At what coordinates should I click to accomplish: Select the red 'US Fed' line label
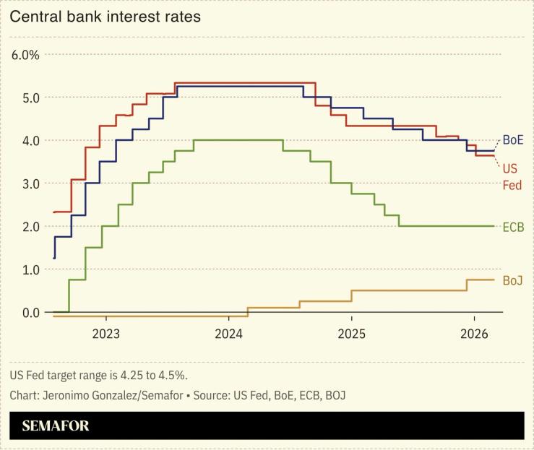click(510, 176)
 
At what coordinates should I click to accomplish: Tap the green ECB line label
click(512, 227)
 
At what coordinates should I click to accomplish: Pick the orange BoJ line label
click(512, 280)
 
